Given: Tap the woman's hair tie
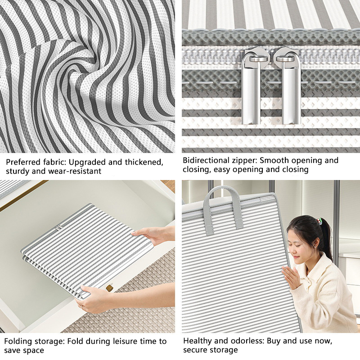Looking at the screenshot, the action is pos(319,221).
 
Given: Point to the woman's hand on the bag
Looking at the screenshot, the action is pos(291,277).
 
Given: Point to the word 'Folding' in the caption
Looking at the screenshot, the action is pos(18,342).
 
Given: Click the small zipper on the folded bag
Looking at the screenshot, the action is pos(59,227).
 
